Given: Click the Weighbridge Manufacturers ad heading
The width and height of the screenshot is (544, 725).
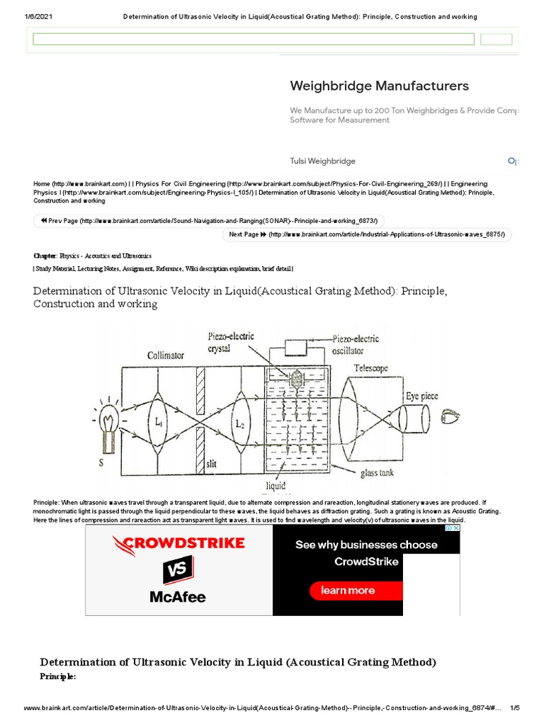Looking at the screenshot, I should pos(379,86).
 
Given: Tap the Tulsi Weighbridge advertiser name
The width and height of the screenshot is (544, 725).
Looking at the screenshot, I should pos(322,161).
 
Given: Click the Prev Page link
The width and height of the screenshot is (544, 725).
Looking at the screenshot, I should pos(209,220).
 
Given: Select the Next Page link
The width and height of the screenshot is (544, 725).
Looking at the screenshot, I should pos(367,234).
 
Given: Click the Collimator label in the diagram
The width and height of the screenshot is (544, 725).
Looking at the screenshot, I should pos(166,355).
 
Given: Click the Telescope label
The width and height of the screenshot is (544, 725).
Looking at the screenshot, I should pos(371,368).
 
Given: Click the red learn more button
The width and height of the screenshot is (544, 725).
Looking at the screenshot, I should pos(347,590).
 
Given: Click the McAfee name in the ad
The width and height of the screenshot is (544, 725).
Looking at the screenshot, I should pos(177,597).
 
